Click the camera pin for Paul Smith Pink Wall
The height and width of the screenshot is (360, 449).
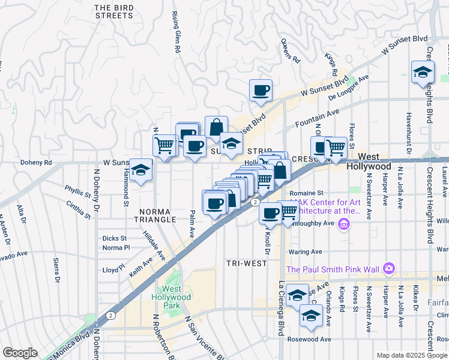coord(389,268)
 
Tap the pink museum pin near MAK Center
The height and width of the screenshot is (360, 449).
coord(344,225)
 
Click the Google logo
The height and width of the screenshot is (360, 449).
coord(20,353)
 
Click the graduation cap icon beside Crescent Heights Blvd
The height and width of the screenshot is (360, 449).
coord(423,73)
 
